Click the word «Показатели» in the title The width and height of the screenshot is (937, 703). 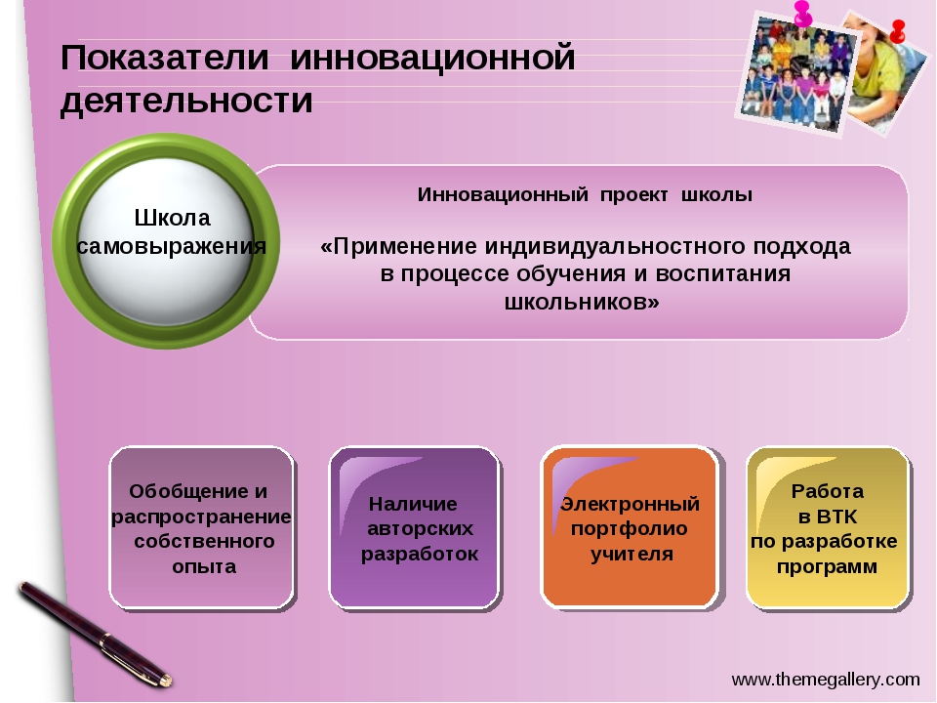(x=165, y=59)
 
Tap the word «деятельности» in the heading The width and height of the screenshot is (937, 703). (x=186, y=101)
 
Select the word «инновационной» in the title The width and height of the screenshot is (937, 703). (x=432, y=59)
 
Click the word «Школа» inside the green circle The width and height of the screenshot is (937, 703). (x=172, y=218)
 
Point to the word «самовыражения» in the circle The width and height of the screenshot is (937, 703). (x=172, y=246)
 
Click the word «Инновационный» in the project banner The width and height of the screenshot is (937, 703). (x=503, y=195)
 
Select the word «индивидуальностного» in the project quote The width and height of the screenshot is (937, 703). (x=615, y=246)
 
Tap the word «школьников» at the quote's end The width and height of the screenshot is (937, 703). (x=576, y=302)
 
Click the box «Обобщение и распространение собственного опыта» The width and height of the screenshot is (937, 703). (x=202, y=528)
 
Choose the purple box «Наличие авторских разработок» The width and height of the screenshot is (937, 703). (x=415, y=528)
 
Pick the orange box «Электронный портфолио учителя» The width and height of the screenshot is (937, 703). (x=630, y=528)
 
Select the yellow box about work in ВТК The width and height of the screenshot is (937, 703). (x=829, y=528)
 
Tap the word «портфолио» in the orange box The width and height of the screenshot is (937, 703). (x=630, y=529)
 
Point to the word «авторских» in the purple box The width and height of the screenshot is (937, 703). (x=420, y=529)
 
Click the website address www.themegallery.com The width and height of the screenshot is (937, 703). (x=826, y=680)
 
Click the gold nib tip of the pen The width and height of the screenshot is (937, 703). (x=170, y=681)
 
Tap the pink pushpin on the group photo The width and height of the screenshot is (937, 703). (x=802, y=13)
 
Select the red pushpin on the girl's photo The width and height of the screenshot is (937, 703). (x=897, y=31)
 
